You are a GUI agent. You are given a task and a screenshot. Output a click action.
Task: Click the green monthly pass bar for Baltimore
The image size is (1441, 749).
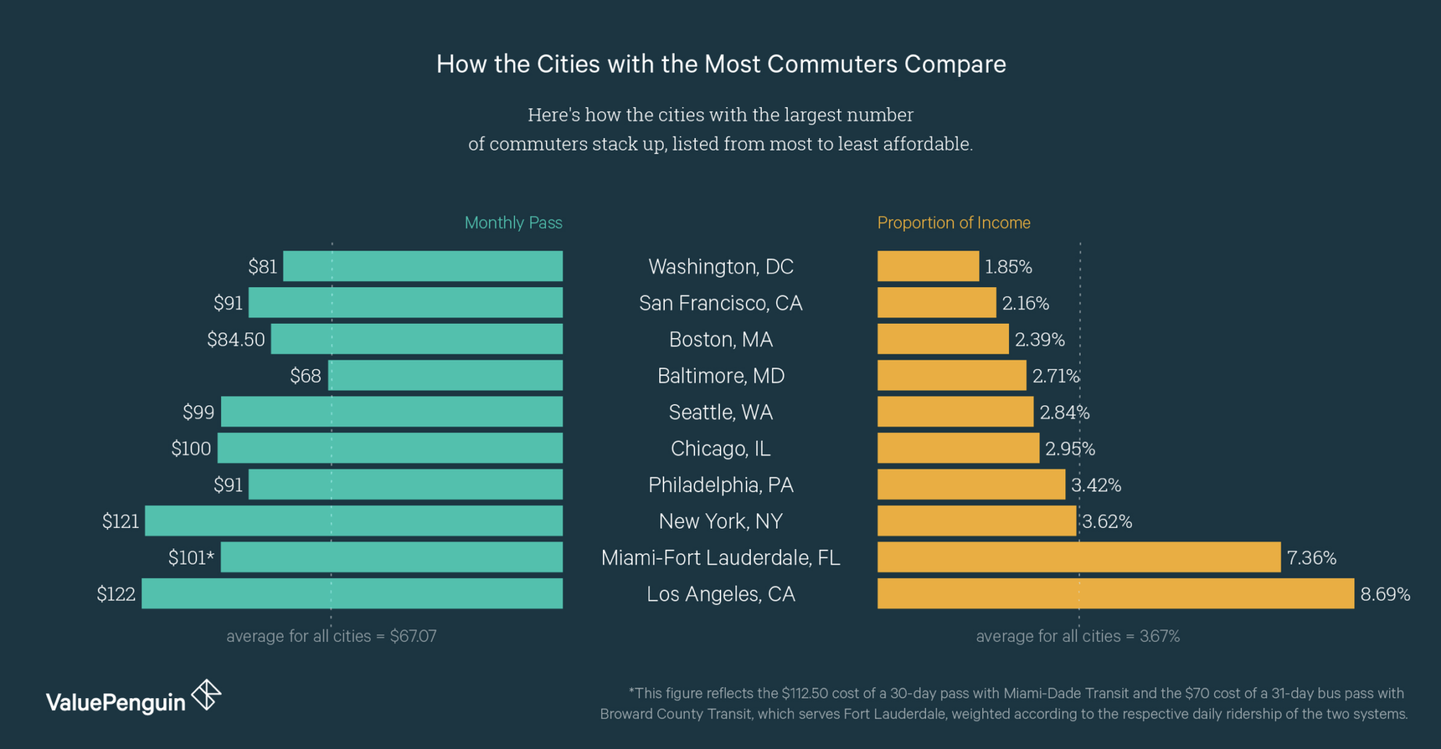click(x=445, y=375)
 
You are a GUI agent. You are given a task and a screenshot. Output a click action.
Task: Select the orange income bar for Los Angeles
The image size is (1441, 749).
click(x=1115, y=593)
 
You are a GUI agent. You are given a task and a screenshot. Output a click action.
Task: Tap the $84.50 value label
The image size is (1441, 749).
click(x=236, y=339)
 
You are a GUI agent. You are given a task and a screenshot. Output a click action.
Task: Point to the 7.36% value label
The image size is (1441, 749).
click(x=1312, y=558)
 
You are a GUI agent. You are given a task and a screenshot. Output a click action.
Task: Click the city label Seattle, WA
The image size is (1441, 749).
click(x=720, y=412)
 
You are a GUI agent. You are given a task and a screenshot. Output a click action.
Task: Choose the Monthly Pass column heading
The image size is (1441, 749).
click(x=513, y=222)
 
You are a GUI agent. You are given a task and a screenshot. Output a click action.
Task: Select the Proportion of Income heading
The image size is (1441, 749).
click(x=953, y=222)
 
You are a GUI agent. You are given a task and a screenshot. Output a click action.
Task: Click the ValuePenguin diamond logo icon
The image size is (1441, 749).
click(x=207, y=695)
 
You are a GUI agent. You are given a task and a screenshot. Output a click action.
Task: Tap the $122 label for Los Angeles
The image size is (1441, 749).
click(x=116, y=593)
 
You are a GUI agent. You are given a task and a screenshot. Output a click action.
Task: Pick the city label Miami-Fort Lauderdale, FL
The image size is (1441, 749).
click(x=720, y=558)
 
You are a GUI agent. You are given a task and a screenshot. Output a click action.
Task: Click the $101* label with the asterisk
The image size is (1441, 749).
click(x=191, y=558)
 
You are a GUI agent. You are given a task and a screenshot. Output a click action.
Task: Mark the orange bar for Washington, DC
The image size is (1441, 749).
click(x=928, y=266)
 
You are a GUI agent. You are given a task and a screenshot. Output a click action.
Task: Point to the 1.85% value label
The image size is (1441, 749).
click(x=1008, y=267)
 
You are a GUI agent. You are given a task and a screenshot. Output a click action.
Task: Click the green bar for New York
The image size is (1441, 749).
click(x=354, y=521)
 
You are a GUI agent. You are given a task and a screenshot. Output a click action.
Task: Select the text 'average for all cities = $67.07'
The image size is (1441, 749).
click(x=331, y=636)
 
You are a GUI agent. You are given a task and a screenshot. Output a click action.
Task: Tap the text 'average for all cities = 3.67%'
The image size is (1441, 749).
click(x=1077, y=636)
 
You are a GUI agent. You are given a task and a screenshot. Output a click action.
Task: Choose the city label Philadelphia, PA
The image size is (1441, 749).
click(x=720, y=485)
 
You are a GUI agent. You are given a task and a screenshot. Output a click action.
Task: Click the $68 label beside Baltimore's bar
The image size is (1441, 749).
click(x=305, y=376)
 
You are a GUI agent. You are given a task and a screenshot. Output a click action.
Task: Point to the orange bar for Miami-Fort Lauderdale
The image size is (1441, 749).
click(x=1079, y=558)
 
